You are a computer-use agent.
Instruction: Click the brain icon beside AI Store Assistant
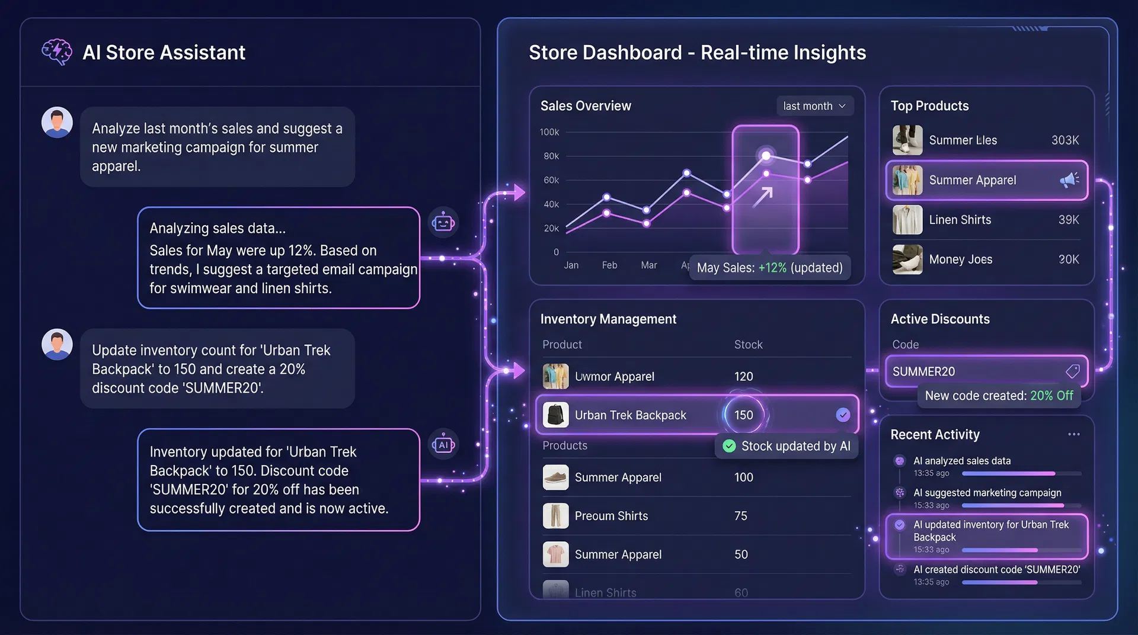57,52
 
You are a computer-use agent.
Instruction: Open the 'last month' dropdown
814,106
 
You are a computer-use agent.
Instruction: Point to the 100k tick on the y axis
549,132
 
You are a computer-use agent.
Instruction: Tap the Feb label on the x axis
609,265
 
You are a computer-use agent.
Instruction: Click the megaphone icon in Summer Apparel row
1069,179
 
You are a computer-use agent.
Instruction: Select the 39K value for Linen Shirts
1068,220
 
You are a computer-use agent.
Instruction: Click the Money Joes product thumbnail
907,259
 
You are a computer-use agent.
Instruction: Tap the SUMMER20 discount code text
923,371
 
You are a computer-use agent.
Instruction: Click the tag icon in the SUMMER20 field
1072,371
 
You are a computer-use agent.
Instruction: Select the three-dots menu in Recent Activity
1073,434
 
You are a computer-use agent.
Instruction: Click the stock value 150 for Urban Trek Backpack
743,415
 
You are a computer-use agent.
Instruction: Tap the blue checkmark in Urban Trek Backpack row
842,415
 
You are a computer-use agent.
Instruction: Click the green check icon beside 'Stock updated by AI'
729,446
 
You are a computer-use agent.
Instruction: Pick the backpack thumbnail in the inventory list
555,415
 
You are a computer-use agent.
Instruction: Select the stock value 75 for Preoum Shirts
741,516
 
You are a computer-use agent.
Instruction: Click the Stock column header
748,345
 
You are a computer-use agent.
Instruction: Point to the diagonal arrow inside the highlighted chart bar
763,197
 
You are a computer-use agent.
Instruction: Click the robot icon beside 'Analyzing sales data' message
443,223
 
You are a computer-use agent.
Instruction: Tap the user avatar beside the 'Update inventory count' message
57,345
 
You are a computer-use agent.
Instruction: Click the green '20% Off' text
1051,396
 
